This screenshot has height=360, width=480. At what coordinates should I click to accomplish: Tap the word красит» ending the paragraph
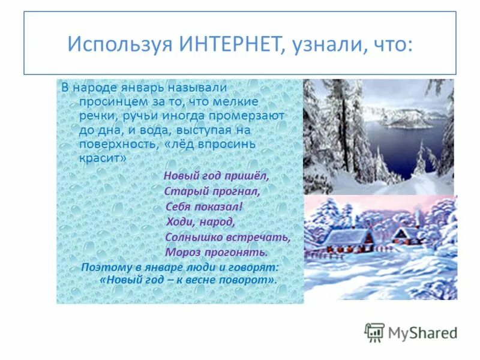point(103,158)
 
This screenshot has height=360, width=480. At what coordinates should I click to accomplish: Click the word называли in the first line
point(201,88)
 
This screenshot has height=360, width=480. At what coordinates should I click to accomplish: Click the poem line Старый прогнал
point(212,191)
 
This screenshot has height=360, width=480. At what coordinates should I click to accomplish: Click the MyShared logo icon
point(374,332)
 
